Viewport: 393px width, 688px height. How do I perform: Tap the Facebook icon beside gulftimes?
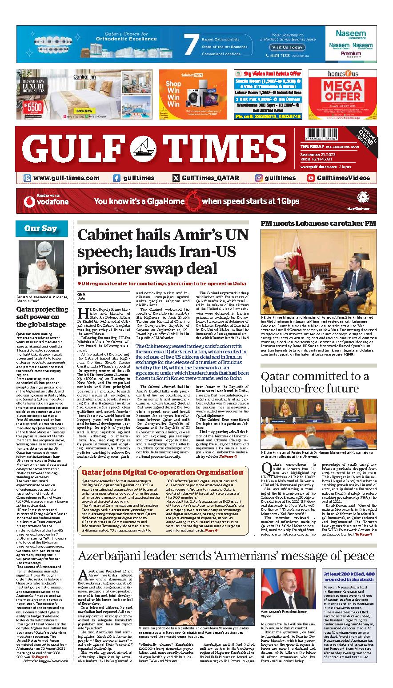point(116,178)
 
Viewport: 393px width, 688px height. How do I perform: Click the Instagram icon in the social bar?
point(259,178)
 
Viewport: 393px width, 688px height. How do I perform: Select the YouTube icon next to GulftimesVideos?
point(311,178)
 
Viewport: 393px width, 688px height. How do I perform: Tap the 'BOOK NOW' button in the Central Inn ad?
point(84,111)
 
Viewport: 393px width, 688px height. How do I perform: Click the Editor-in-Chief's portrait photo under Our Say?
point(40,266)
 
